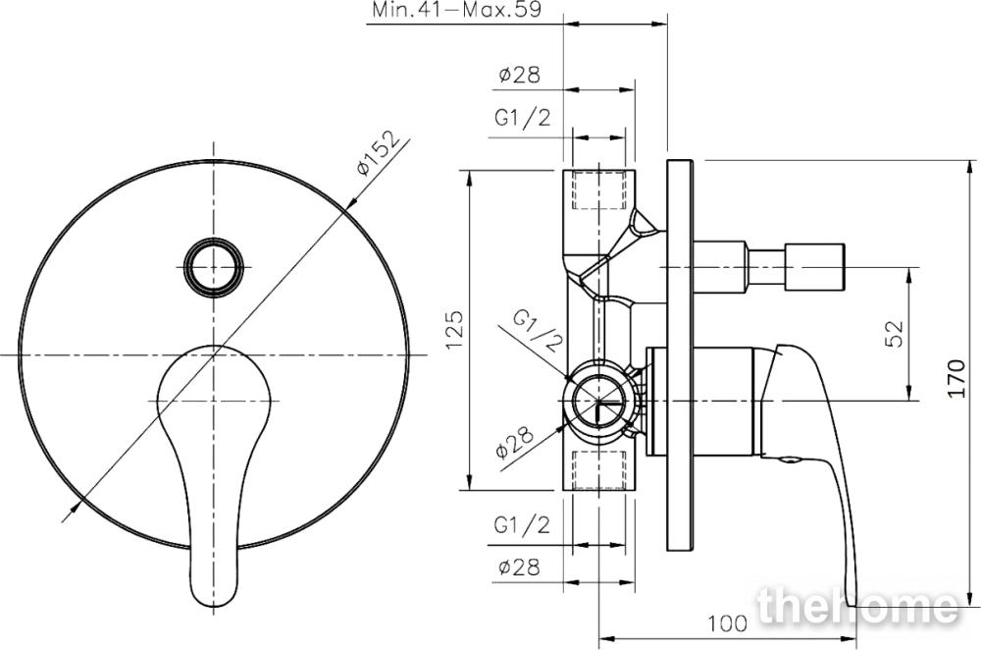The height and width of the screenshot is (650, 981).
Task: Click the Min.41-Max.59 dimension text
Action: click(x=457, y=10)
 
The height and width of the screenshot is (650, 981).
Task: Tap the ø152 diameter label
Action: click(x=378, y=153)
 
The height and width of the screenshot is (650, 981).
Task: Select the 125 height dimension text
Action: click(x=454, y=330)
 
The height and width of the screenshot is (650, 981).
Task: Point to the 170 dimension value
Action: click(x=956, y=378)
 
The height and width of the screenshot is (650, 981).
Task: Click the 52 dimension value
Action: click(x=895, y=334)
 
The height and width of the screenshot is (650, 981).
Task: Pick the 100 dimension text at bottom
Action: click(x=728, y=623)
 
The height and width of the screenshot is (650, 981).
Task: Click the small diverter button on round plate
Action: click(x=213, y=267)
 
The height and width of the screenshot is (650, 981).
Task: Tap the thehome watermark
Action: click(x=857, y=606)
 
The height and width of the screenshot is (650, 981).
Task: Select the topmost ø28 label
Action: click(x=519, y=76)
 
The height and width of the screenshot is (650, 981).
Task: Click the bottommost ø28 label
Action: click(x=519, y=568)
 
